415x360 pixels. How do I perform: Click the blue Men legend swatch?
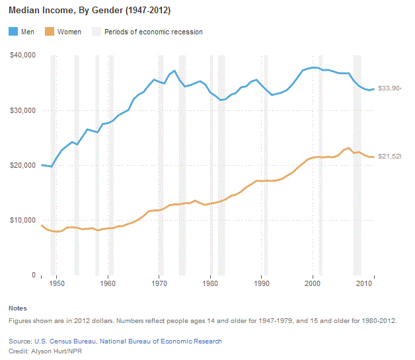(13, 32)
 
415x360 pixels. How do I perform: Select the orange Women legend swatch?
(48, 32)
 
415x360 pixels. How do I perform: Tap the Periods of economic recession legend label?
(153, 32)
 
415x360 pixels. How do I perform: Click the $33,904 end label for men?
(389, 89)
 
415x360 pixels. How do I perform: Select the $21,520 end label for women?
(389, 157)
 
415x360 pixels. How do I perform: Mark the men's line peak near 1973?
(174, 71)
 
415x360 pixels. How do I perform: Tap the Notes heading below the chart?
(18, 308)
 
